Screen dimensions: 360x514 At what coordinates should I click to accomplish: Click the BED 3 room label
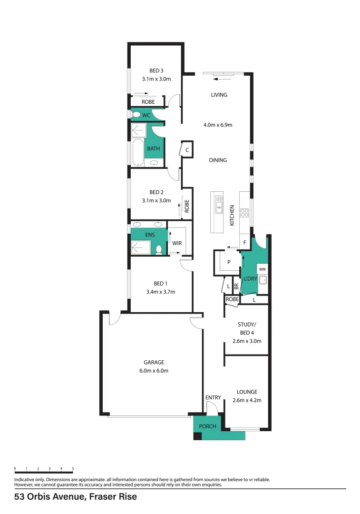pyautogui.click(x=156, y=70)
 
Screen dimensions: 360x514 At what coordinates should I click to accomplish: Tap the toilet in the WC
pyautogui.click(x=136, y=115)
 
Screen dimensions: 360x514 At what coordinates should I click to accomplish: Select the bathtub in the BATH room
pyautogui.click(x=138, y=153)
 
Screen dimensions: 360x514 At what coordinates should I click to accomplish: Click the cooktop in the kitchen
pyautogui.click(x=244, y=213)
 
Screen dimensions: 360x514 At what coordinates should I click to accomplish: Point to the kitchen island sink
pyautogui.click(x=219, y=204)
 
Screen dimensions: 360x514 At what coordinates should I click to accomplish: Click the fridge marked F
pyautogui.click(x=245, y=243)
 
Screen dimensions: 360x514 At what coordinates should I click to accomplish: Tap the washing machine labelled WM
pyautogui.click(x=262, y=269)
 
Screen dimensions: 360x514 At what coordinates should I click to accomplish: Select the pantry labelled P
pyautogui.click(x=229, y=262)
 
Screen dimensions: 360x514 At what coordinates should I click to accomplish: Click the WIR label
pyautogui.click(x=177, y=243)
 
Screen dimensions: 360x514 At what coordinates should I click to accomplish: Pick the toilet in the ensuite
pyautogui.click(x=159, y=250)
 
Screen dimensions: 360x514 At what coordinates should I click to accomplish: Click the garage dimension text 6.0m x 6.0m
pyautogui.click(x=154, y=371)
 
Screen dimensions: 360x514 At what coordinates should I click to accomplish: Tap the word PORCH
pyautogui.click(x=208, y=426)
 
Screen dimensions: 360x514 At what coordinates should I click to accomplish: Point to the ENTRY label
pyautogui.click(x=213, y=397)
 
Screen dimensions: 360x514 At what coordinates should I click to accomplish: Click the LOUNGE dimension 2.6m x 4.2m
pyautogui.click(x=247, y=400)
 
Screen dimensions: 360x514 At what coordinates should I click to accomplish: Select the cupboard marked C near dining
pyautogui.click(x=187, y=150)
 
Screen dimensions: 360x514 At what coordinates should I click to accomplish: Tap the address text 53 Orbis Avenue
pyautogui.click(x=50, y=496)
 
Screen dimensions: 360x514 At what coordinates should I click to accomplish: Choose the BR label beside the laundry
pyautogui.click(x=236, y=287)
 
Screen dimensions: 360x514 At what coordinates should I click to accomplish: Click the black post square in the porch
pyautogui.click(x=197, y=436)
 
